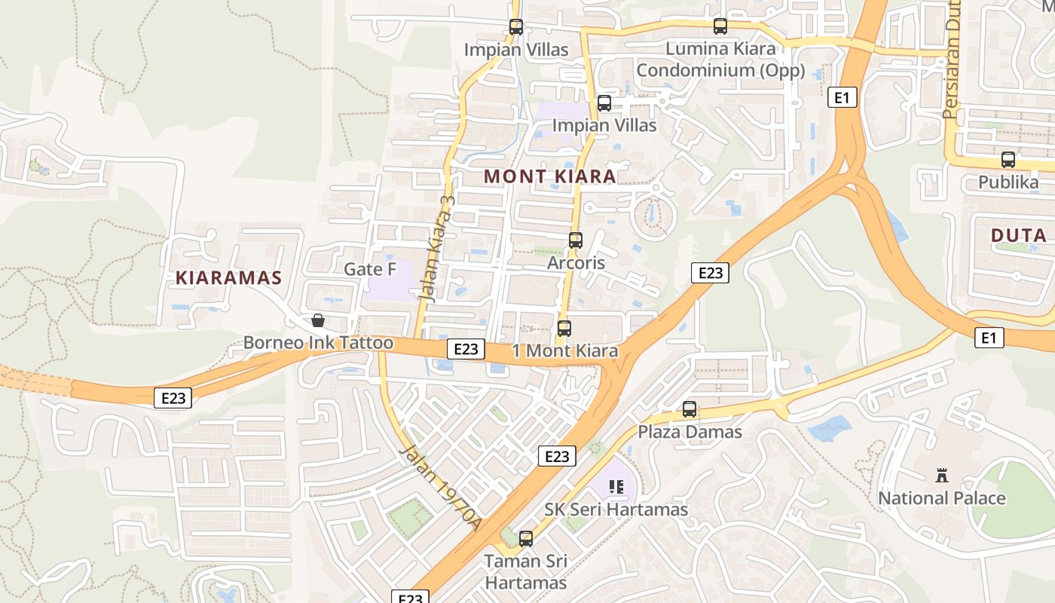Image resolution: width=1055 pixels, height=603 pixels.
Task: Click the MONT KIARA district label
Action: point(549,176)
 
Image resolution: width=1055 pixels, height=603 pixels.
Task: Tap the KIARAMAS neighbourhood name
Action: point(228,277)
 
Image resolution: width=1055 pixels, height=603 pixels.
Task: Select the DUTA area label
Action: point(1018,235)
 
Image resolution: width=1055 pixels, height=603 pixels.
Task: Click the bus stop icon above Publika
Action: point(1008,160)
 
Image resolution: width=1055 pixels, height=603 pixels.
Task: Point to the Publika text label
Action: point(1008,182)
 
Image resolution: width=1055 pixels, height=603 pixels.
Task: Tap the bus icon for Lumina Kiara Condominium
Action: point(720,26)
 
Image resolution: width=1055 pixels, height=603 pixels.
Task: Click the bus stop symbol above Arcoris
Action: point(575,240)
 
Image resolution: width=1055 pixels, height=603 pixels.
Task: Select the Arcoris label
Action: point(576,263)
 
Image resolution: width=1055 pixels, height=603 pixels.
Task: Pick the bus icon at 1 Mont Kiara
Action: point(564,329)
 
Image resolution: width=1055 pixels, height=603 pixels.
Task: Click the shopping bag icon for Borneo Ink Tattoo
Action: point(318,320)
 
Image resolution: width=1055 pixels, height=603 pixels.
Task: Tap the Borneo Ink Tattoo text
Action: point(318,343)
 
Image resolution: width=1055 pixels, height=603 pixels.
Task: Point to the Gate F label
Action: point(370,269)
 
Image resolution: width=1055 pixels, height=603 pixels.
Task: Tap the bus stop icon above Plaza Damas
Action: point(689,409)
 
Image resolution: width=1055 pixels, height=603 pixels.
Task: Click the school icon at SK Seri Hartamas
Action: point(616,487)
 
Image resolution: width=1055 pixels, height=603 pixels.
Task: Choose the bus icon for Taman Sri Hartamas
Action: point(525,539)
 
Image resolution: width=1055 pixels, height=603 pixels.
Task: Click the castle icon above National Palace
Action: point(941,476)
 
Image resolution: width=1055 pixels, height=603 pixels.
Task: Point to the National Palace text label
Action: point(941,498)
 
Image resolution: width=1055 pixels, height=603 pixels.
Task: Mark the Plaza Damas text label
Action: point(690,432)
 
